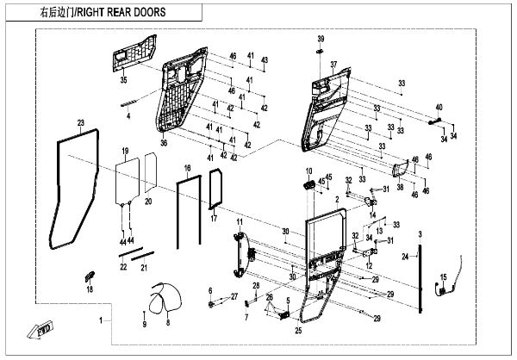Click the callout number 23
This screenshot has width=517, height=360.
pyautogui.click(x=80, y=123)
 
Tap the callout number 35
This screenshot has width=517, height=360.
pyautogui.click(x=123, y=80)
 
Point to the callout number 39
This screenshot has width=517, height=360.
pyautogui.click(x=321, y=40)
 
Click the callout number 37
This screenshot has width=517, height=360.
pyautogui.click(x=333, y=65)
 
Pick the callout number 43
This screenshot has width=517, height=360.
pyautogui.click(x=265, y=59)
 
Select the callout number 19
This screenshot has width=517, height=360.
pyautogui.click(x=124, y=151)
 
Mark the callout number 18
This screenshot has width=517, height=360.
pyautogui.click(x=89, y=290)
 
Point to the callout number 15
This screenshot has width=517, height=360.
pyautogui.click(x=445, y=276)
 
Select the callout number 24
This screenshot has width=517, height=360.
pyautogui.click(x=405, y=257)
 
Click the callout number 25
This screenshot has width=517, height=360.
pyautogui.click(x=298, y=330)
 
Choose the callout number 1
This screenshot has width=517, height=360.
pyautogui.click(x=101, y=320)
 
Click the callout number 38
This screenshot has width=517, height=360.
pyautogui.click(x=401, y=186)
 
